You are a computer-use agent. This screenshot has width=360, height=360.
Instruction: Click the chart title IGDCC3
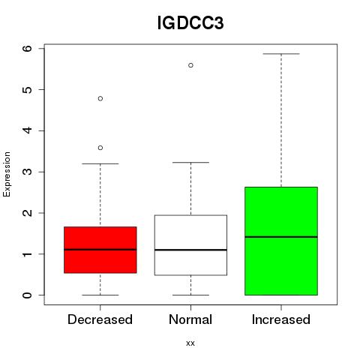coord(190,23)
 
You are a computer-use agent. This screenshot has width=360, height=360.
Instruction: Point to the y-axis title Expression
coord(7,174)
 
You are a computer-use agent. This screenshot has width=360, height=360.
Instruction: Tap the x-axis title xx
coord(190,343)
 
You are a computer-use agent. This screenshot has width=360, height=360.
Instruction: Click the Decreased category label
coord(100,319)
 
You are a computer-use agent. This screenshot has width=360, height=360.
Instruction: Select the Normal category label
coord(190,319)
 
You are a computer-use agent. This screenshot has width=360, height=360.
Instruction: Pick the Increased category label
coord(281,319)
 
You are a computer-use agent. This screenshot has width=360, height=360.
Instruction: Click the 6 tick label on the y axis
coord(28,49)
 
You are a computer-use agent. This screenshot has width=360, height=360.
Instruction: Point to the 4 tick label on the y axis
coord(28,130)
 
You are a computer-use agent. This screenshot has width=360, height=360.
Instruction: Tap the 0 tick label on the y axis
coord(28,295)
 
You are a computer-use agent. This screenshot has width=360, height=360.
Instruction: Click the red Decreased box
coord(100,250)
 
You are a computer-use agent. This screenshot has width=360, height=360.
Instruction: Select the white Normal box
coord(190,245)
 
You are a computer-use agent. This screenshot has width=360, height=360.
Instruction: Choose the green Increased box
coord(281,241)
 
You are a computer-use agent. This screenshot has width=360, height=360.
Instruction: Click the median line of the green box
coord(281,237)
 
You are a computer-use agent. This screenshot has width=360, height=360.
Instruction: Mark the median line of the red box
coord(100,250)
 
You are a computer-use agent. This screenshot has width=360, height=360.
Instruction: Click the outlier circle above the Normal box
coord(190,65)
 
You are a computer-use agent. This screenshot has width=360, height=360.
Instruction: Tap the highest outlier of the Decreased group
coord(100,98)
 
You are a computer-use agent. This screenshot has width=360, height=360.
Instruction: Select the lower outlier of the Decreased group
coord(100,148)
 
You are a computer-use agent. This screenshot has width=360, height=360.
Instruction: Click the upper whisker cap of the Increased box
coord(281,54)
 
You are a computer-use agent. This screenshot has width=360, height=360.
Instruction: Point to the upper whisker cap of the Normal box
coord(190,163)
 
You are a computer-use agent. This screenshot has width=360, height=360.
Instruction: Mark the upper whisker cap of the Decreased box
coord(100,163)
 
